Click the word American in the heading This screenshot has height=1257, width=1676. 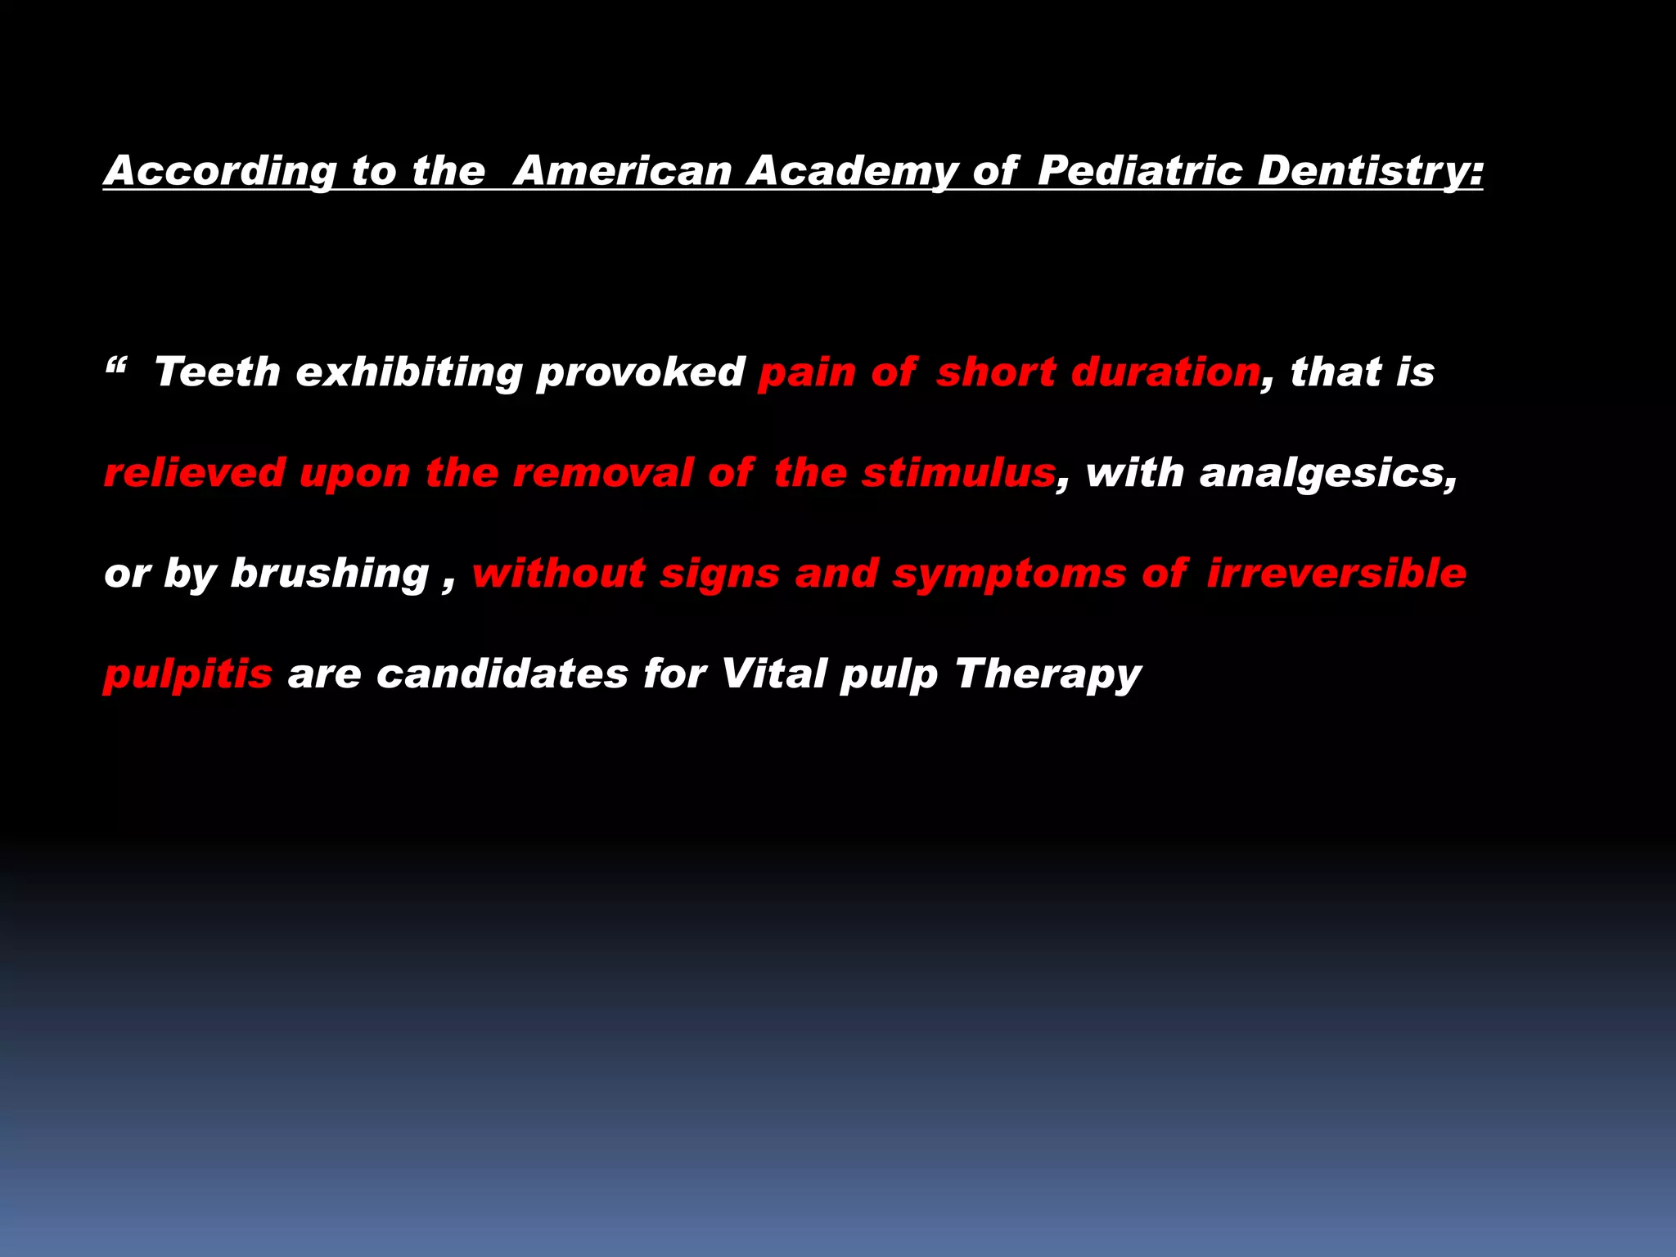624,171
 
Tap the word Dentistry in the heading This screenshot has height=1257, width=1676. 1369,171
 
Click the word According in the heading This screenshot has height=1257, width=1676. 220,171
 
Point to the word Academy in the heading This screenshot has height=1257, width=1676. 852,171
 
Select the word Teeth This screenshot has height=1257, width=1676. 217,372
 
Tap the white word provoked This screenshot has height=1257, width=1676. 640,373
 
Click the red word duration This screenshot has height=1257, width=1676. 1166,372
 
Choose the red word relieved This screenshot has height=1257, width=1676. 194,473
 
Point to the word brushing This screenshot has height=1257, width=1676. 329,574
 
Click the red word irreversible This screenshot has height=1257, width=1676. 1336,573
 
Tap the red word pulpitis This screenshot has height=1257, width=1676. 187,675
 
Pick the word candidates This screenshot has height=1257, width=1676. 502,674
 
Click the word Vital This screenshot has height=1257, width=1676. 773,674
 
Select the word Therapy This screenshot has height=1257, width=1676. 1047,675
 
